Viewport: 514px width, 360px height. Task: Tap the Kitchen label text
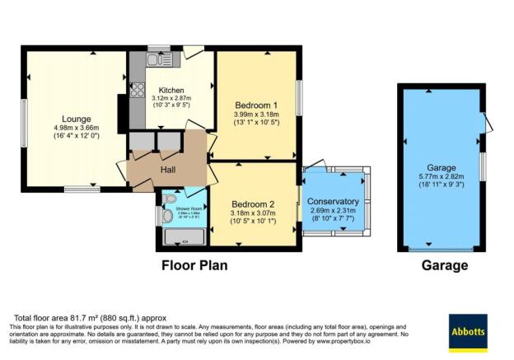171,90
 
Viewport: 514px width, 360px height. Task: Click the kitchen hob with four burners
137,91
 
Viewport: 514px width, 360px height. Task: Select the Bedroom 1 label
255,105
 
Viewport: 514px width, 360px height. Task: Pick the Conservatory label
333,201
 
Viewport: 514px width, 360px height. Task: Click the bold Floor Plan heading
194,266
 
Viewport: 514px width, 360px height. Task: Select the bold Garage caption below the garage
444,266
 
